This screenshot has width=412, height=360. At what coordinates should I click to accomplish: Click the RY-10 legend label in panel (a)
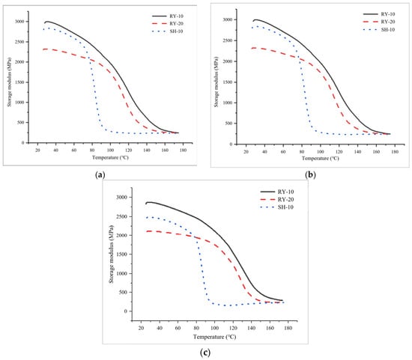[177, 16]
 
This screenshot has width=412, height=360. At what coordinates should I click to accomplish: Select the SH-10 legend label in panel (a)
[177, 31]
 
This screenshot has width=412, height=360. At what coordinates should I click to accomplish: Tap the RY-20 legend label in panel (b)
[388, 22]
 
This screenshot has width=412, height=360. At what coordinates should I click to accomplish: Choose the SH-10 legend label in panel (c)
[285, 207]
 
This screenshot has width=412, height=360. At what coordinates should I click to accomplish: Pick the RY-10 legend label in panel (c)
[285, 192]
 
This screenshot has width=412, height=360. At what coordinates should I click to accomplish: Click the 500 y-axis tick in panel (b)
[229, 123]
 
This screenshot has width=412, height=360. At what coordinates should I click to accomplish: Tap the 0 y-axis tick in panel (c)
[126, 311]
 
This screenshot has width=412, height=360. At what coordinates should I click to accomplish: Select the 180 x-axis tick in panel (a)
[183, 150]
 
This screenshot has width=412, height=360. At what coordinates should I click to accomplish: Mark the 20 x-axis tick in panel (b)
[246, 152]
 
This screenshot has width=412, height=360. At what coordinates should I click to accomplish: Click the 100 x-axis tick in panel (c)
[215, 329]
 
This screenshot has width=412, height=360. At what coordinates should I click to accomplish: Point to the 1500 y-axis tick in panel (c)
[123, 254]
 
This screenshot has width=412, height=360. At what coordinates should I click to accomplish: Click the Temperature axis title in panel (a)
[110, 158]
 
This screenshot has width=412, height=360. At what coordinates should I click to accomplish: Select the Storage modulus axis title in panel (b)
[216, 82]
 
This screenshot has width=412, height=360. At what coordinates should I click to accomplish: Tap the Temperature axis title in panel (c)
[215, 337]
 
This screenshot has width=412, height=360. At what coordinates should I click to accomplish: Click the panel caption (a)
[100, 174]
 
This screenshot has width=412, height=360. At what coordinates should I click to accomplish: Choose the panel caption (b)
[311, 174]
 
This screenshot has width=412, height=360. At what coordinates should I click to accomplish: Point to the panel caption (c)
[205, 352]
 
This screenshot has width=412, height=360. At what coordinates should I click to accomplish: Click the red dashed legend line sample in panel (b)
[371, 22]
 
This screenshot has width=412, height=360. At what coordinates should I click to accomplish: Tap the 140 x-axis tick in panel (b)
[357, 152]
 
